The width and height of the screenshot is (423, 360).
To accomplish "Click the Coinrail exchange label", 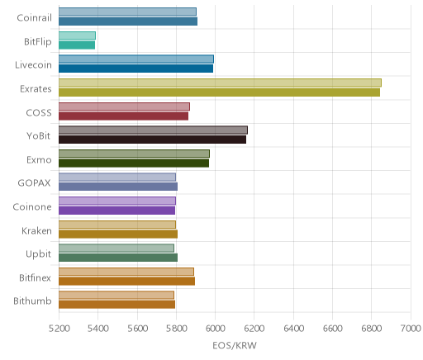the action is click(x=34, y=18).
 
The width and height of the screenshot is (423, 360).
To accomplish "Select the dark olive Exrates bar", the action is click(x=219, y=92).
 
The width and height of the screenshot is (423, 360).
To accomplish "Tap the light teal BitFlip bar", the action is click(x=77, y=36).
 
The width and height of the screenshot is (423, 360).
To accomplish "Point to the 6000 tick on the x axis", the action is click(x=215, y=329).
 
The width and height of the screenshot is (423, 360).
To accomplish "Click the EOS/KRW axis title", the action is click(x=235, y=345).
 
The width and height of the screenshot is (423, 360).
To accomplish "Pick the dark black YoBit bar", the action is click(x=152, y=140).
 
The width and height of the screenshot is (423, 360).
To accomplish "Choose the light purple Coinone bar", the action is click(x=117, y=201).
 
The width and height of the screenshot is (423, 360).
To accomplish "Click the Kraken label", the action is click(x=36, y=230).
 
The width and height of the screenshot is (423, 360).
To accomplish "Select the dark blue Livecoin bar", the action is click(x=135, y=69).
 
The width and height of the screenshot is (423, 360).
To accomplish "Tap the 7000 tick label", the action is click(x=411, y=329).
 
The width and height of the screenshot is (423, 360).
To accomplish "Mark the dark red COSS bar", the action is click(x=123, y=116).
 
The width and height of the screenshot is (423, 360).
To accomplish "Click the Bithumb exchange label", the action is click(x=32, y=301).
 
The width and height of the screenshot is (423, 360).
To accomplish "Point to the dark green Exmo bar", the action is click(x=134, y=163).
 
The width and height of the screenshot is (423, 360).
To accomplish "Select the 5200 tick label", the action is click(x=59, y=329).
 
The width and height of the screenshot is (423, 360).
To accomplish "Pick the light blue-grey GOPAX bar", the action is click(x=117, y=178).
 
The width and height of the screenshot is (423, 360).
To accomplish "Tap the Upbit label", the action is click(x=38, y=254).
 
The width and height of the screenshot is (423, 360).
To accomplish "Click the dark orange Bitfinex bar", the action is click(x=126, y=282).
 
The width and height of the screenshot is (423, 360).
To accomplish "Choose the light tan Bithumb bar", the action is click(x=116, y=296).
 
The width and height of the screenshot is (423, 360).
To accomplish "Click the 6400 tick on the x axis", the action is click(x=293, y=329).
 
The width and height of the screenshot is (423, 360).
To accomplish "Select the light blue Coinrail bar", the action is click(x=127, y=12).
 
